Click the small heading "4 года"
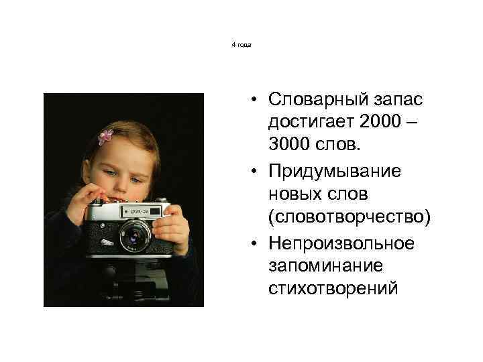pyautogui.click(x=241, y=44)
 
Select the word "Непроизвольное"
pyautogui.click(x=340, y=241)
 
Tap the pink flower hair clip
pyautogui.click(x=106, y=137)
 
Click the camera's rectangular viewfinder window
pyautogui.click(x=155, y=212)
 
